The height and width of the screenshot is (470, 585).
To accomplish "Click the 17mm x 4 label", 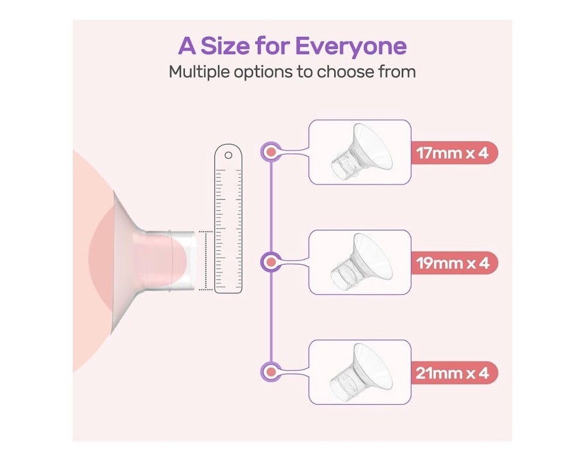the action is click(x=453, y=153).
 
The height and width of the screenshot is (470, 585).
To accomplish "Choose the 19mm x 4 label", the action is click(x=453, y=263).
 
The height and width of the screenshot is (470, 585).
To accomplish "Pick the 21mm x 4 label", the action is click(x=453, y=373).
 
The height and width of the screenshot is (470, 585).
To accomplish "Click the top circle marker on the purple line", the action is click(x=271, y=152).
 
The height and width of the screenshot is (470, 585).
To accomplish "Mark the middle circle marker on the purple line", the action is click(x=271, y=262).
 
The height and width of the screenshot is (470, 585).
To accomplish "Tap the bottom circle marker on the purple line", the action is click(x=271, y=372).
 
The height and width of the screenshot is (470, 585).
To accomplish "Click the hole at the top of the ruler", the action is click(x=228, y=155).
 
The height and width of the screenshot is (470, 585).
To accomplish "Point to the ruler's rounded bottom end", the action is click(x=228, y=291).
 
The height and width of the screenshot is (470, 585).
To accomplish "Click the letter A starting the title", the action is click(x=187, y=46).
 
